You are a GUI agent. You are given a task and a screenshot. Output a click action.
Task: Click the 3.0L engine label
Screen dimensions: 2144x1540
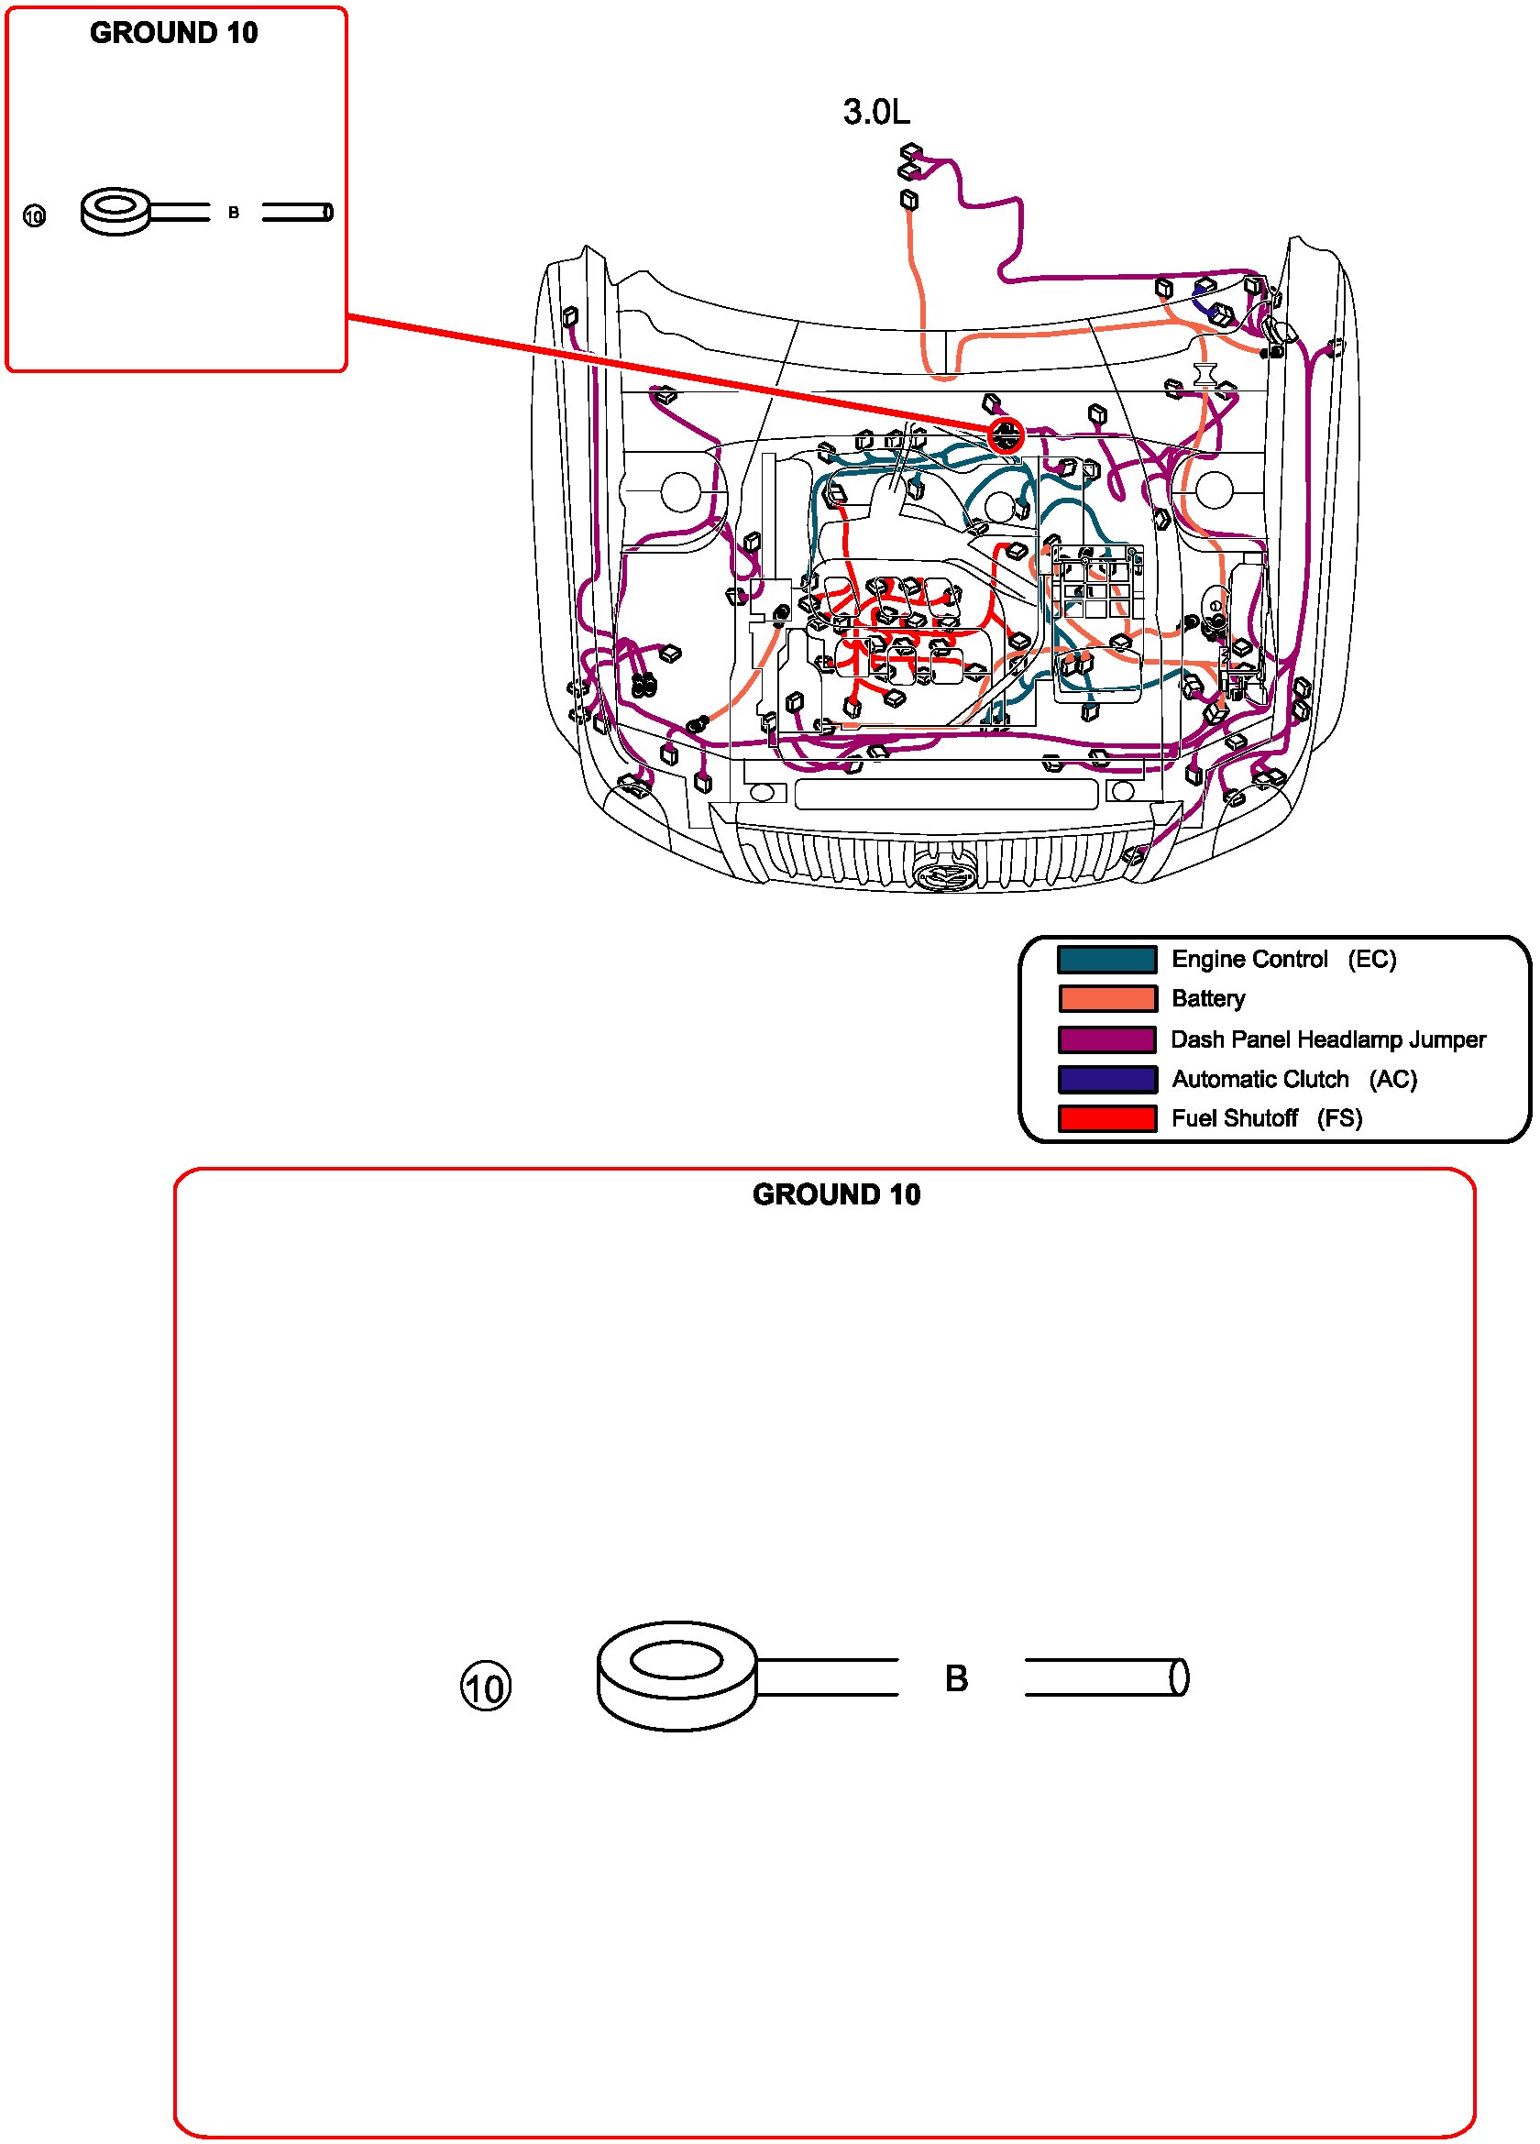[875, 113]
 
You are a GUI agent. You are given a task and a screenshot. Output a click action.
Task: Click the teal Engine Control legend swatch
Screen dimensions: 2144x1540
[1106, 960]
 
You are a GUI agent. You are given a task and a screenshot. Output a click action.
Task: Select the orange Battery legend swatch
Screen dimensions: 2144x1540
[1106, 999]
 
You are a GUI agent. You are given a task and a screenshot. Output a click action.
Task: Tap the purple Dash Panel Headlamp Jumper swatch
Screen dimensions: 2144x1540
[1106, 1039]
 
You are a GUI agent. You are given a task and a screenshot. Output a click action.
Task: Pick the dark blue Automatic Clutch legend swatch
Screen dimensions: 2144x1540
[1106, 1080]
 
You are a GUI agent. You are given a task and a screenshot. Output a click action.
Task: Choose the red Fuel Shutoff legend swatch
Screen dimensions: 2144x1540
[1106, 1119]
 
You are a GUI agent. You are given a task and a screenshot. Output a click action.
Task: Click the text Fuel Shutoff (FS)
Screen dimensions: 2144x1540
[1266, 1119]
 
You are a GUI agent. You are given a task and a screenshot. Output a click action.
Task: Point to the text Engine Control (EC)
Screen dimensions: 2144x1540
[1282, 960]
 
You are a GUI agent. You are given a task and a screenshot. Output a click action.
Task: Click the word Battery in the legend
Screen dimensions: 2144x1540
[1207, 999]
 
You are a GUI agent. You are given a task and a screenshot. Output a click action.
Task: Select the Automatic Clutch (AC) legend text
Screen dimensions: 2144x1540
[1293, 1080]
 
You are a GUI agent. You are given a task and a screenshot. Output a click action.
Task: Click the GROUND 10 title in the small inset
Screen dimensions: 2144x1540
[174, 33]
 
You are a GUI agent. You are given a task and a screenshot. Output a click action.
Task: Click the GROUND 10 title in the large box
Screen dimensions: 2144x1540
[836, 1195]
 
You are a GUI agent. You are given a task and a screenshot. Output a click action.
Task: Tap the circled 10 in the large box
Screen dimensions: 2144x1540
[485, 1688]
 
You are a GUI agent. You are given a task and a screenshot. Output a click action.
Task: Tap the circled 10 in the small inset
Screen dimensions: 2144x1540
[34, 216]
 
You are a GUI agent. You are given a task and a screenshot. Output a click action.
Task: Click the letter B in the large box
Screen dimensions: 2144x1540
[956, 1679]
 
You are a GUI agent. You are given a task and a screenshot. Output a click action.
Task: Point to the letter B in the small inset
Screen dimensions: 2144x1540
[234, 213]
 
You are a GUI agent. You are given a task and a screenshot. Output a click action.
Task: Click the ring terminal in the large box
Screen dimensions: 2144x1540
[676, 1677]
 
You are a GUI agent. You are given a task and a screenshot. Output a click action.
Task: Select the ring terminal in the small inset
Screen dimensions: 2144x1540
[116, 211]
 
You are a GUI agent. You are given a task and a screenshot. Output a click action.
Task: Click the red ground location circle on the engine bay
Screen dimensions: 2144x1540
[1005, 435]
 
